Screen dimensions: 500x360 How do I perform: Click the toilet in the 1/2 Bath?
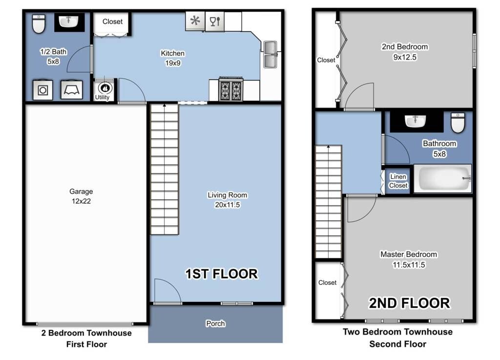[39, 23]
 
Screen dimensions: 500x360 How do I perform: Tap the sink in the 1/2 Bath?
[68, 22]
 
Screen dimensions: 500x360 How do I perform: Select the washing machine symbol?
[43, 90]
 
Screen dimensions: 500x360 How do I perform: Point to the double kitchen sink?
[270, 55]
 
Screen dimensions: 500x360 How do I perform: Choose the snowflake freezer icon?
[195, 21]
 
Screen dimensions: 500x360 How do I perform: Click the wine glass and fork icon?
[215, 21]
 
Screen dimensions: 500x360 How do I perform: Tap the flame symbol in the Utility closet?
[105, 87]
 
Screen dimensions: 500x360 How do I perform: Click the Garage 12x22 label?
[81, 196]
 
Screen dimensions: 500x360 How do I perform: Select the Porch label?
[215, 324]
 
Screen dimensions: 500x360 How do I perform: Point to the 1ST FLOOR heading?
[222, 274]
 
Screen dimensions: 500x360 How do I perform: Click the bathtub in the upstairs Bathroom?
[442, 179]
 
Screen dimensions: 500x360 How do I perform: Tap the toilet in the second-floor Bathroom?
[458, 122]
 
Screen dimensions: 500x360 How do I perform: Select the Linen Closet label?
[398, 181]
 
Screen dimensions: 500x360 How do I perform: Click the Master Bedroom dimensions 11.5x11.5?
[409, 265]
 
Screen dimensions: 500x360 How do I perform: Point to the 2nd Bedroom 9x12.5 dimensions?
[405, 58]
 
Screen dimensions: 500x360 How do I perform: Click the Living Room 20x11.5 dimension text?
[228, 205]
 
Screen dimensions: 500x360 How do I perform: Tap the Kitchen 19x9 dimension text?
[173, 63]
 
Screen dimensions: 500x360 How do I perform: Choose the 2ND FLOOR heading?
[410, 303]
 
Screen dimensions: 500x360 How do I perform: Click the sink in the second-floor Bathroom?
[415, 121]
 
